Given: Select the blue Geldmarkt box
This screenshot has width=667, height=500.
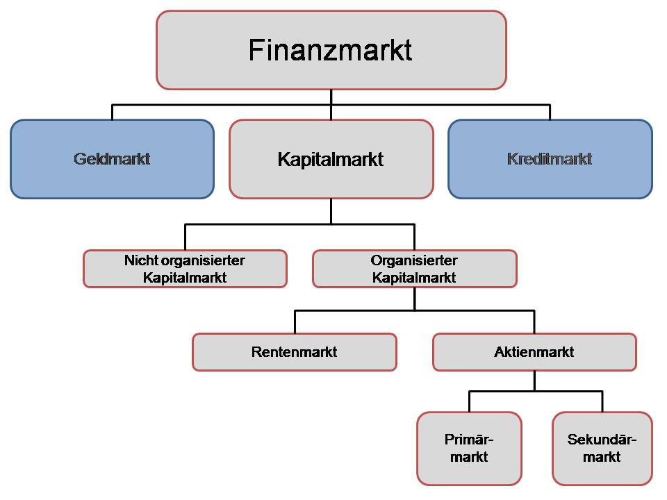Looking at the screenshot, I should pyautogui.click(x=112, y=159).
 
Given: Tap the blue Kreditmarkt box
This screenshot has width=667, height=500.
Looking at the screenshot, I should pyautogui.click(x=550, y=159).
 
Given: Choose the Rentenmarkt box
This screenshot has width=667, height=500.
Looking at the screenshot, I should pyautogui.click(x=294, y=352).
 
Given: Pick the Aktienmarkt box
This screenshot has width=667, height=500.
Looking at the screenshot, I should pyautogui.click(x=534, y=352).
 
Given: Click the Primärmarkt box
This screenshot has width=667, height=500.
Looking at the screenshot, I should pyautogui.click(x=469, y=448).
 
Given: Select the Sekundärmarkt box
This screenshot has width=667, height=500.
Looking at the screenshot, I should pyautogui.click(x=602, y=448).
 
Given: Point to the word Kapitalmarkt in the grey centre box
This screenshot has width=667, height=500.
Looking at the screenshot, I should pyautogui.click(x=331, y=159).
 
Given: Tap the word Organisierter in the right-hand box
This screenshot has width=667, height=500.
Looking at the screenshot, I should pyautogui.click(x=414, y=260).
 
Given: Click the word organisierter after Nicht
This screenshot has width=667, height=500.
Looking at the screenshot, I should pyautogui.click(x=203, y=260).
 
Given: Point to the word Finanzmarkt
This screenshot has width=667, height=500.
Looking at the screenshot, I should pyautogui.click(x=331, y=50).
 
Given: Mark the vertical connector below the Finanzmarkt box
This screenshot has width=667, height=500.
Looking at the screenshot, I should pyautogui.click(x=331, y=97).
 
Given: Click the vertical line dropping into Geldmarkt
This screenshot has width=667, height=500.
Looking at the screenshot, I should pyautogui.click(x=112, y=112).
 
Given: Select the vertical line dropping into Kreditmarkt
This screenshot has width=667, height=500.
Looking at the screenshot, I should pyautogui.click(x=550, y=112).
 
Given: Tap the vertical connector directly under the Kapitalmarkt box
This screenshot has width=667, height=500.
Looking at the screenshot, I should pyautogui.click(x=331, y=211).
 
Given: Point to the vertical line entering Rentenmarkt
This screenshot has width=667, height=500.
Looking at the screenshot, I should pyautogui.click(x=295, y=322).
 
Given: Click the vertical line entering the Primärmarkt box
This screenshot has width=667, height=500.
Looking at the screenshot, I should pyautogui.click(x=469, y=402).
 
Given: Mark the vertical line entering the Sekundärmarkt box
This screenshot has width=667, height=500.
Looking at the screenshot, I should pyautogui.click(x=602, y=402).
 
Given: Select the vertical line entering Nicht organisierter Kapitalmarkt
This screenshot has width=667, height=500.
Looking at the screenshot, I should pyautogui.click(x=185, y=237).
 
